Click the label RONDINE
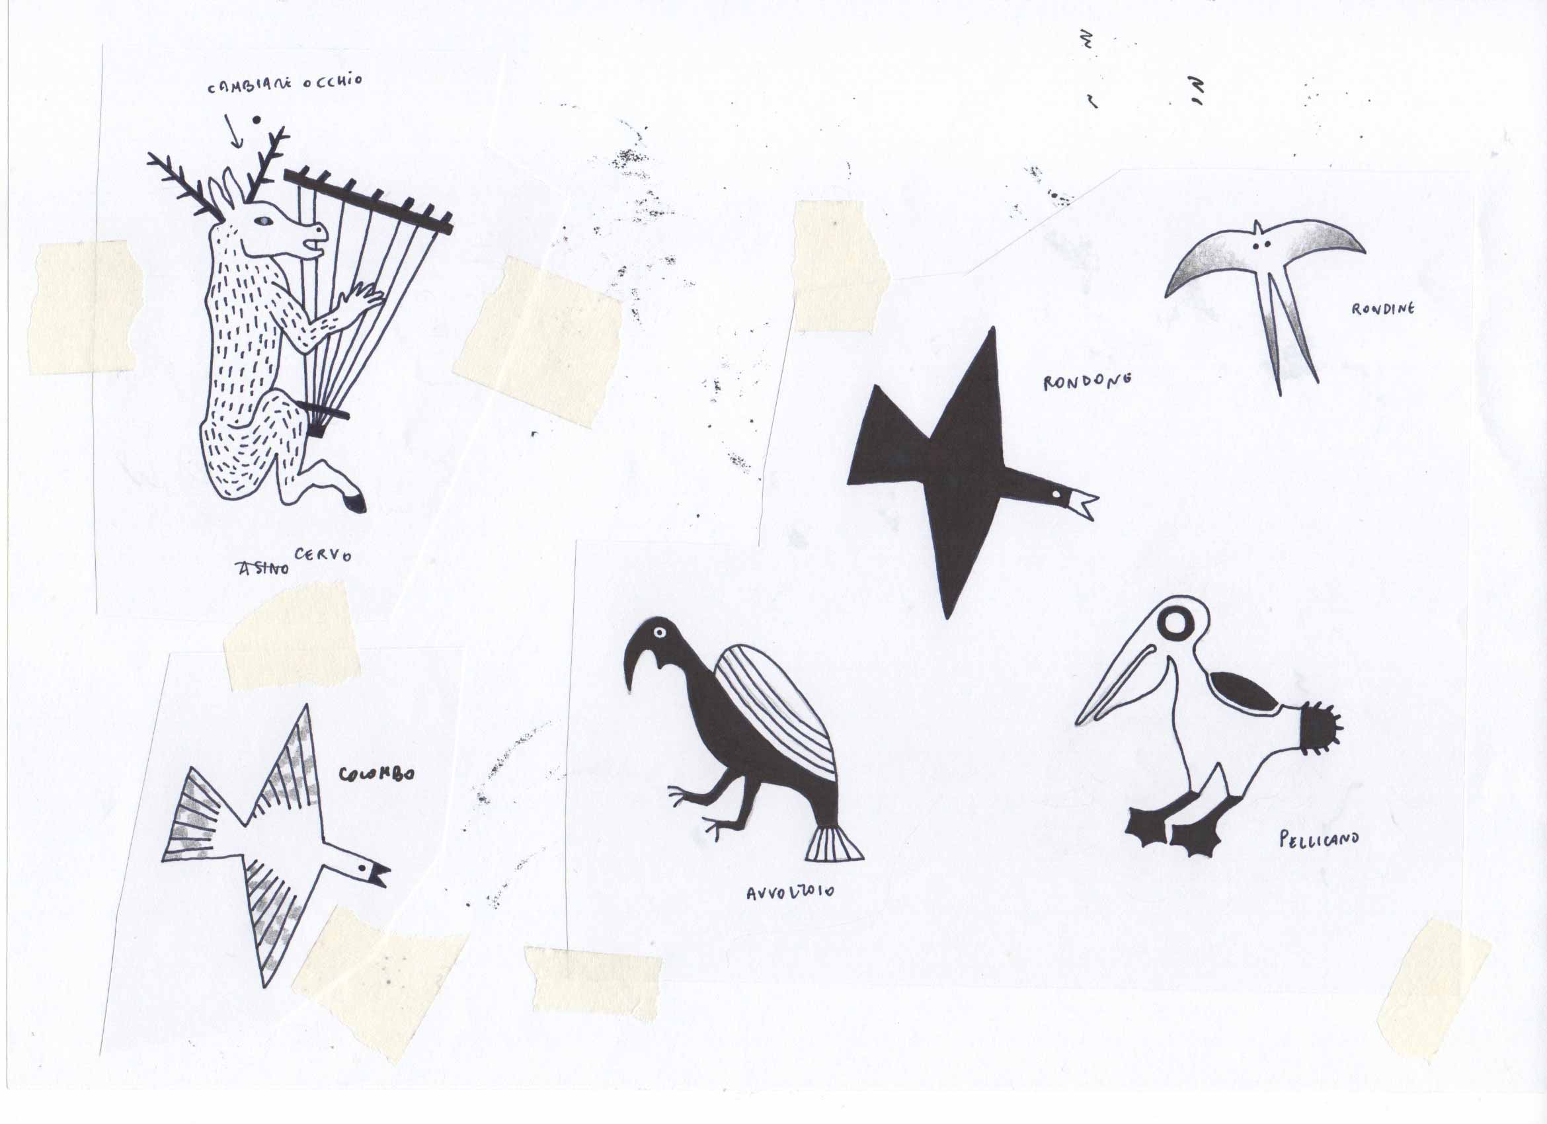click(1382, 309)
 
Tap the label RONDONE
click(1088, 381)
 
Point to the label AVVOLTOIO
click(790, 892)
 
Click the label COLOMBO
click(377, 774)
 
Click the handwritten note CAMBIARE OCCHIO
click(285, 85)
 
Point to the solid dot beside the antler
click(257, 120)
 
